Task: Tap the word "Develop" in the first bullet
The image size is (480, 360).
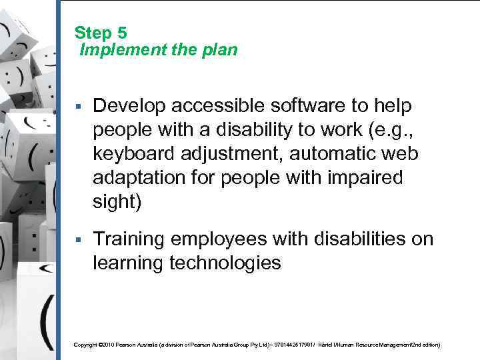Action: coord(127,106)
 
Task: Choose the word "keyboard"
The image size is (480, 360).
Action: coord(129,154)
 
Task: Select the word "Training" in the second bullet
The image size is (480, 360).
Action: coord(128,239)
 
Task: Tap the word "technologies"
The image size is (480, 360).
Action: coord(224,263)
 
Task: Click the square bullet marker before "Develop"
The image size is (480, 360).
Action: coord(79,107)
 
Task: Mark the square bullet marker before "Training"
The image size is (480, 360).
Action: coord(79,240)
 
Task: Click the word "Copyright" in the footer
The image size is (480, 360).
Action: coord(85,345)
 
